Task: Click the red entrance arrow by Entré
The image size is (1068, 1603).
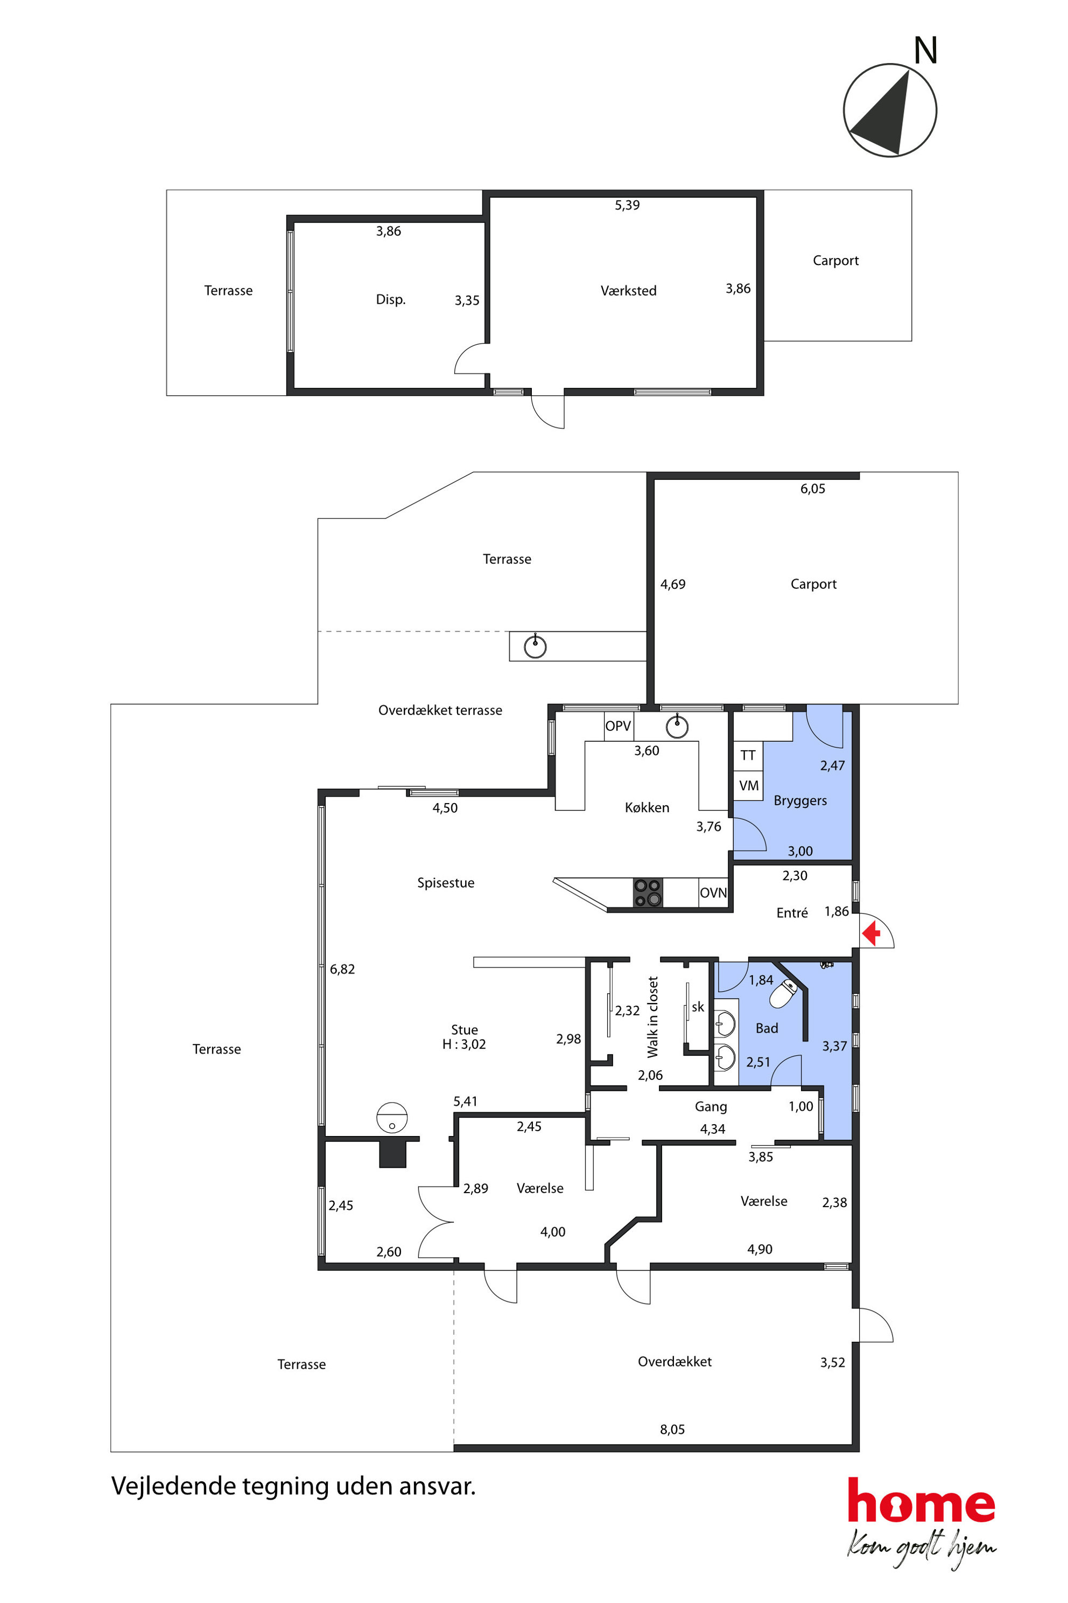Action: pyautogui.click(x=871, y=933)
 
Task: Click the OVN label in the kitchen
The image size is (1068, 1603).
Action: pyautogui.click(x=713, y=893)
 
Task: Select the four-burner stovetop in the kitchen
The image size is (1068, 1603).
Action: pyautogui.click(x=647, y=893)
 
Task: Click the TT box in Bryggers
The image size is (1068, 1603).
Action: pyautogui.click(x=748, y=755)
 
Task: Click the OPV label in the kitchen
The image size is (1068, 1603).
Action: pyautogui.click(x=618, y=726)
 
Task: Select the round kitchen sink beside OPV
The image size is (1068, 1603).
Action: pyautogui.click(x=677, y=727)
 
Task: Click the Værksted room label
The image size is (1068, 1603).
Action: pyautogui.click(x=629, y=291)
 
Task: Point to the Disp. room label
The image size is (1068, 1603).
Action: pyautogui.click(x=390, y=300)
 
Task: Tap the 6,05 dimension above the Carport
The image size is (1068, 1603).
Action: pyautogui.click(x=813, y=489)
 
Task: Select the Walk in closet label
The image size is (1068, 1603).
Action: pyautogui.click(x=652, y=1017)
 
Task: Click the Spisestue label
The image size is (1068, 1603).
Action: pyautogui.click(x=446, y=883)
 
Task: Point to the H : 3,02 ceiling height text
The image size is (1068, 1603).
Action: pyautogui.click(x=464, y=1044)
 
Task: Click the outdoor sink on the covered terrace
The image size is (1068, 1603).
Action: pyautogui.click(x=536, y=646)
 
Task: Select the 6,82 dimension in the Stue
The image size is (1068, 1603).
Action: pyautogui.click(x=342, y=969)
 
